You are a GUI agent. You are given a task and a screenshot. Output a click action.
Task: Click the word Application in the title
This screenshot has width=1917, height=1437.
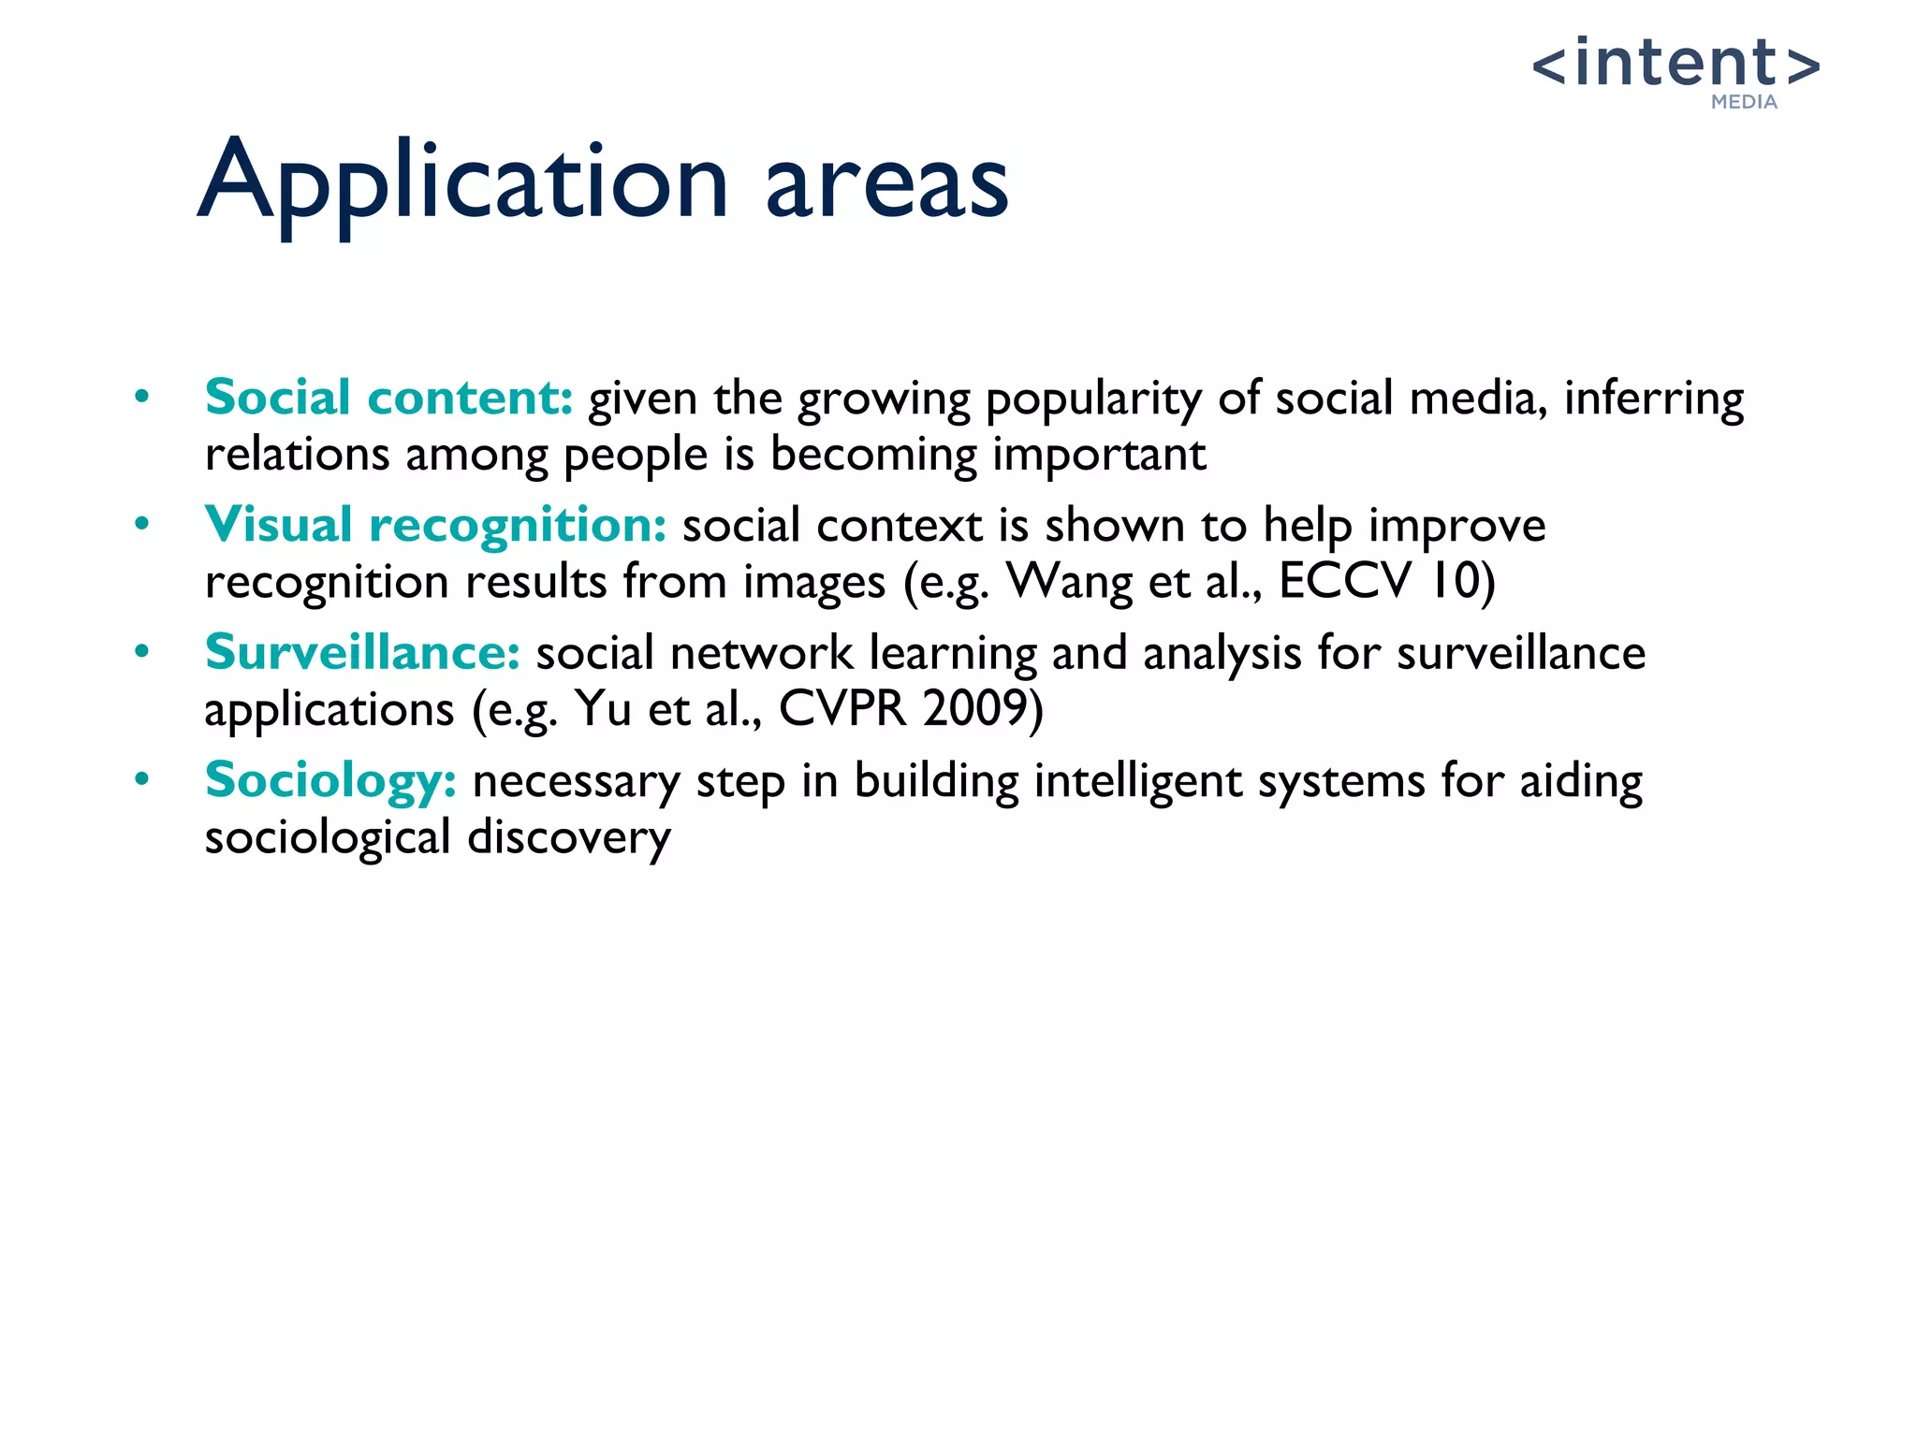coord(463,181)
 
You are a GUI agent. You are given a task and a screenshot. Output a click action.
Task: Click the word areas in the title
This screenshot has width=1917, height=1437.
coord(886,183)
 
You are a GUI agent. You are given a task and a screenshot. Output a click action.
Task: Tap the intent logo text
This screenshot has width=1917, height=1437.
coord(1676,64)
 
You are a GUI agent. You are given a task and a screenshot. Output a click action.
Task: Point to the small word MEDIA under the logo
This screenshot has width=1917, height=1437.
coord(1744,102)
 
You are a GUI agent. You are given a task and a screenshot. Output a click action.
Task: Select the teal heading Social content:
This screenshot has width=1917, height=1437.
coord(388,398)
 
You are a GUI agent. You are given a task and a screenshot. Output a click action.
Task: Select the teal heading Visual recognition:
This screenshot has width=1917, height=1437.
coord(435,525)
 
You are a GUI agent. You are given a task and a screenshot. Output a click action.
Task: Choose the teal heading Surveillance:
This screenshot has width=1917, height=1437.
coord(362,652)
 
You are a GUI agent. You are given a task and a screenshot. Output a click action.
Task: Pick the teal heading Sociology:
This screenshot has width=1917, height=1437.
coord(330,780)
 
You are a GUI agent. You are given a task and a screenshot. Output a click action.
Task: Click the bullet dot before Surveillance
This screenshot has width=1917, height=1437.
coord(141,651)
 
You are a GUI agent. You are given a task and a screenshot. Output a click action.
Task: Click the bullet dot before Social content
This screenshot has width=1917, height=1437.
coord(141,397)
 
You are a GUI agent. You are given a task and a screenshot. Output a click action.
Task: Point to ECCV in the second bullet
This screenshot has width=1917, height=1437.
coord(1344,581)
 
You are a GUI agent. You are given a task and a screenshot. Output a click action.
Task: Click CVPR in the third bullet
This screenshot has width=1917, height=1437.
coord(842,708)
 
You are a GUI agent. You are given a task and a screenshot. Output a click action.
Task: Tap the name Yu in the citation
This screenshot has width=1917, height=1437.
coord(603,708)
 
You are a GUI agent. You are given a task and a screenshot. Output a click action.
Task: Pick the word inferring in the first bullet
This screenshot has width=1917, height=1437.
coord(1653,400)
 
